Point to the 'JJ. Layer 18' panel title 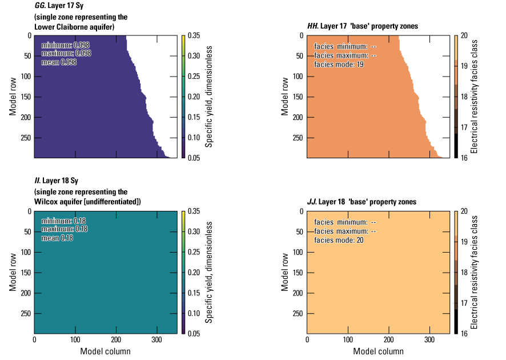tap(361, 202)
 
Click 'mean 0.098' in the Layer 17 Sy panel tap(59, 62)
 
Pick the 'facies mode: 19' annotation tap(339, 65)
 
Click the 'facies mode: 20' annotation tap(339, 240)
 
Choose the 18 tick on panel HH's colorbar tap(464, 97)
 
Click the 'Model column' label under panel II tap(105, 351)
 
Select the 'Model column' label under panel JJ tap(378, 351)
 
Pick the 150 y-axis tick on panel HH tap(298, 97)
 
